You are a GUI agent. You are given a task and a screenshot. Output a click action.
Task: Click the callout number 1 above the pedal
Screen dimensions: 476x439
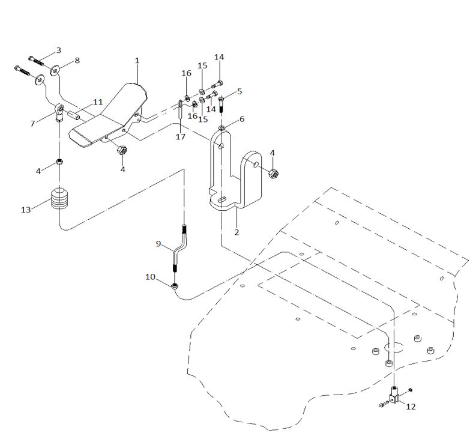coord(137,61)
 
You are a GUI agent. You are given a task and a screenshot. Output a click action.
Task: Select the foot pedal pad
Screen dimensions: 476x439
coord(108,116)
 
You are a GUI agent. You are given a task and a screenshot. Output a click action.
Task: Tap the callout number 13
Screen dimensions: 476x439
coord(26,210)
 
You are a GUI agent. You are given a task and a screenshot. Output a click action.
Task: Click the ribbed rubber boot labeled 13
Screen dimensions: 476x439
coord(60,199)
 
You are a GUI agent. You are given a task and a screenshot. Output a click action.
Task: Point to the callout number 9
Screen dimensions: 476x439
coord(158,244)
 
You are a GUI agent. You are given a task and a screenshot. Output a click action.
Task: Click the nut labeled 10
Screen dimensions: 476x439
coord(175,286)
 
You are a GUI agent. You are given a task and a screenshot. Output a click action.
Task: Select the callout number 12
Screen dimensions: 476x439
coord(411,407)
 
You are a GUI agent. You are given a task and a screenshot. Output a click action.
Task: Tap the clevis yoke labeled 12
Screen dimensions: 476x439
coord(393,395)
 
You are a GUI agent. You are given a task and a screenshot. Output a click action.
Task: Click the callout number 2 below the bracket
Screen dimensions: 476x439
coord(236,232)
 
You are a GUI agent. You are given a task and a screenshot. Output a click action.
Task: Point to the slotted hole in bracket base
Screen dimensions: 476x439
coord(222,199)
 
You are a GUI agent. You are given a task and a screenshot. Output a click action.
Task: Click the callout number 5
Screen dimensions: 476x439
coord(240,91)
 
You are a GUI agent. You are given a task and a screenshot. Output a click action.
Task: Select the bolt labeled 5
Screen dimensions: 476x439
coord(221,104)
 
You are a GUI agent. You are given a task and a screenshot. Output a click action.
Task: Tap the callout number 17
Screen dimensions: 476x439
coord(181,137)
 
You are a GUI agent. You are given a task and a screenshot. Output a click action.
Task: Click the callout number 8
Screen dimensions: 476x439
coord(77,60)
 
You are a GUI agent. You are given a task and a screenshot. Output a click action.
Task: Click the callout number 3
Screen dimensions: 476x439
coord(59,50)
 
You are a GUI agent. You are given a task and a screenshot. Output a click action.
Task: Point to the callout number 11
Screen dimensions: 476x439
coord(98,101)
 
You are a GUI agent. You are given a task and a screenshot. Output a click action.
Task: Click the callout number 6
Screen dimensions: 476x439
coord(242,119)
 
